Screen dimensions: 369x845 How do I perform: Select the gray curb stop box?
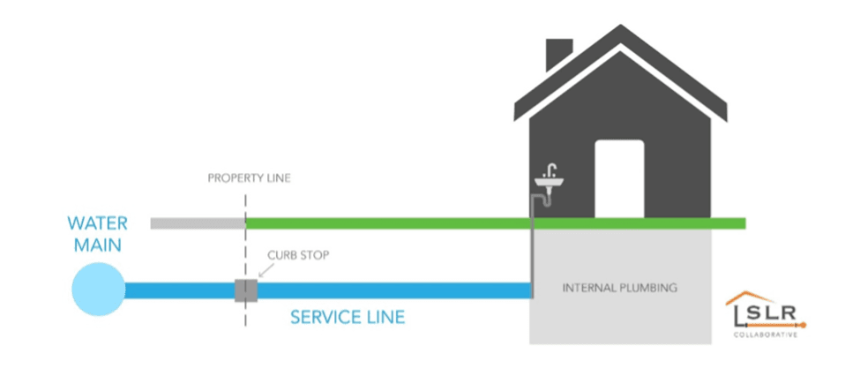[245, 290]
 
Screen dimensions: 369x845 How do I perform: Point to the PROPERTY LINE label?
[249, 178]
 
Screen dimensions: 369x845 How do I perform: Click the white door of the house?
[619, 177]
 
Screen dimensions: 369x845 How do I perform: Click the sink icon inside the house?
[549, 183]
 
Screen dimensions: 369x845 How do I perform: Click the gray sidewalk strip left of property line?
[197, 223]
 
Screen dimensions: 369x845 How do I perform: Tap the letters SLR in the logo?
[766, 314]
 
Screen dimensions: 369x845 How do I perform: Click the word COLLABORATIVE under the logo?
[766, 335]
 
